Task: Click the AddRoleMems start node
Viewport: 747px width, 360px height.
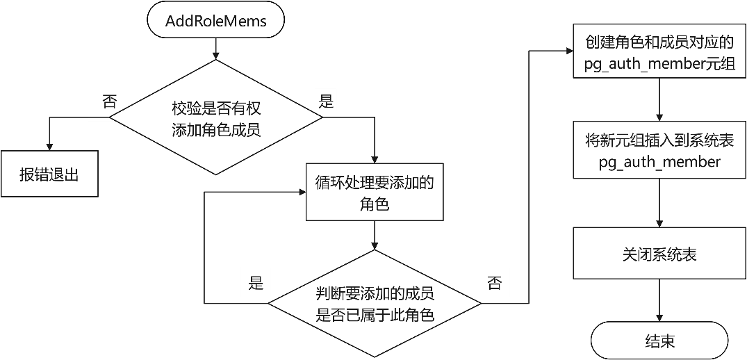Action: [x=216, y=22]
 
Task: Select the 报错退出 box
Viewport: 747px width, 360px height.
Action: [x=49, y=174]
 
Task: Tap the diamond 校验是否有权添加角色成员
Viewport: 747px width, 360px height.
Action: [x=216, y=117]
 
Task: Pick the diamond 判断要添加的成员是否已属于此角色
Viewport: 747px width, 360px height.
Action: [x=375, y=303]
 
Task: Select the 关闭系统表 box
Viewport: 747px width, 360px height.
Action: [x=659, y=254]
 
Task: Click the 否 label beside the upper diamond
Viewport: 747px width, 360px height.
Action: [x=110, y=101]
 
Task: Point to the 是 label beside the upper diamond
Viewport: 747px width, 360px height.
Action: [x=327, y=101]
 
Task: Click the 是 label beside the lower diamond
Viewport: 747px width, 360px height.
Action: [x=256, y=283]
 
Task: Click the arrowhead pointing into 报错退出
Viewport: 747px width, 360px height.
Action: [x=49, y=147]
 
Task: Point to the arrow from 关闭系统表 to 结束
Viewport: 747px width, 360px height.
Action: [x=659, y=300]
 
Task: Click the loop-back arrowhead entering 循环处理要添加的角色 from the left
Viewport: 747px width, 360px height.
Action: [x=301, y=193]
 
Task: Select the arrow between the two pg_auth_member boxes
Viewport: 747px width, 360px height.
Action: [x=659, y=101]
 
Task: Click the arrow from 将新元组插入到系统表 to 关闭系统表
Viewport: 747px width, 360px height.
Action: [x=659, y=203]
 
